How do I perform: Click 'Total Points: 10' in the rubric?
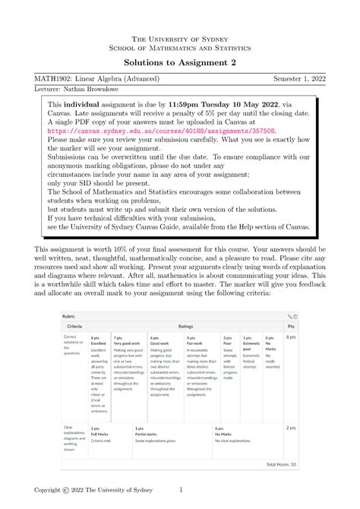click(281, 463)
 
